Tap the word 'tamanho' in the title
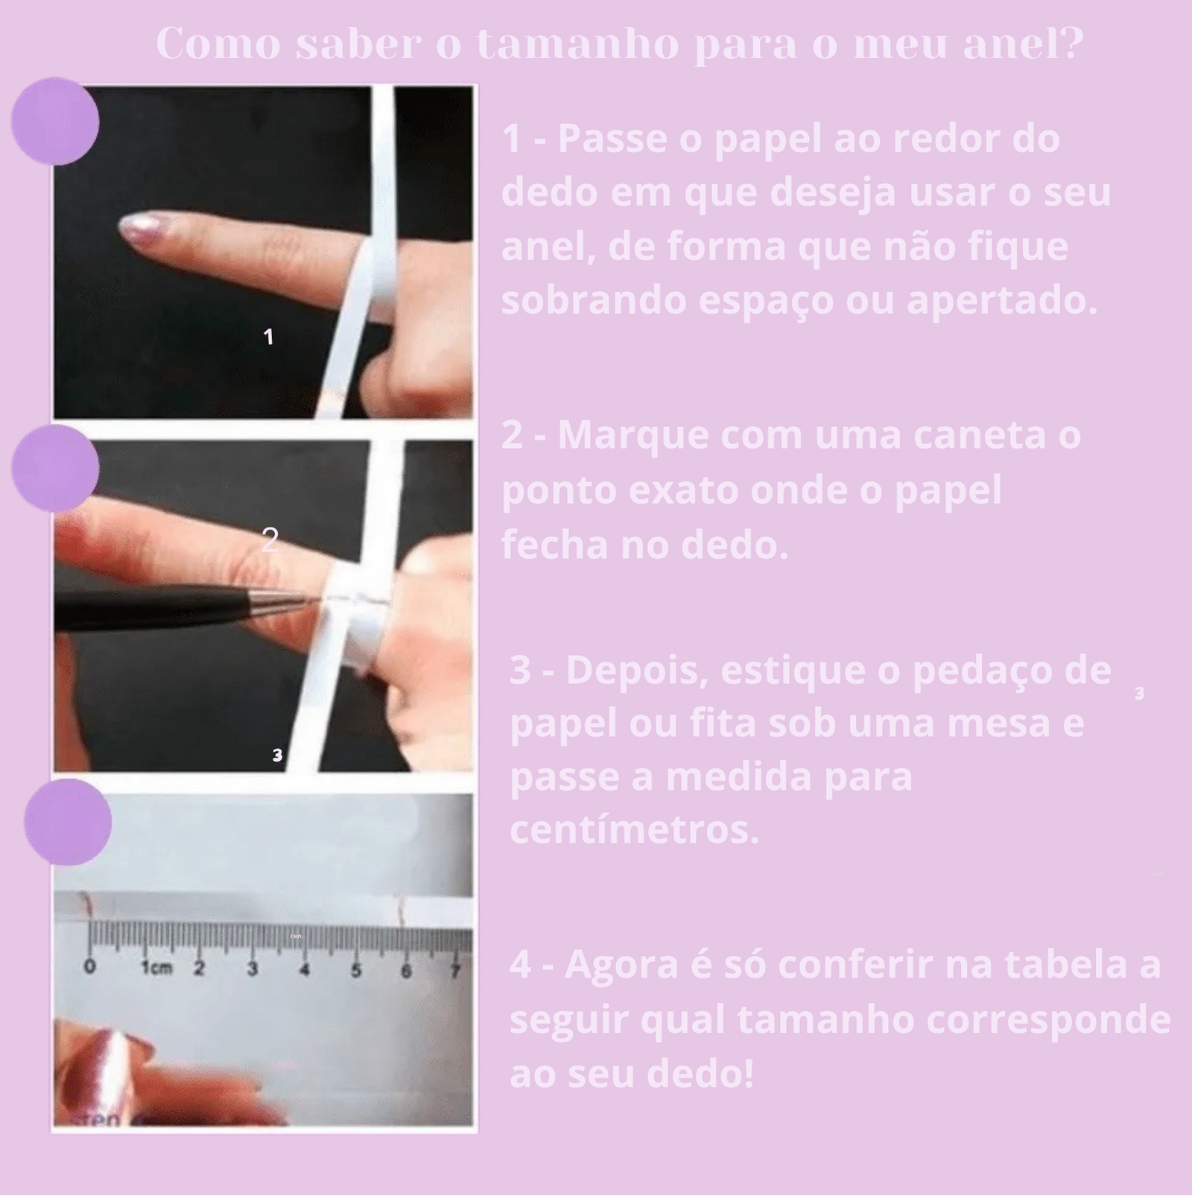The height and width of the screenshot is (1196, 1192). (578, 44)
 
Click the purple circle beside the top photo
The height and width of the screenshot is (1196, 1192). (55, 121)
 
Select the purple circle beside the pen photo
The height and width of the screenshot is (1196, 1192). (55, 468)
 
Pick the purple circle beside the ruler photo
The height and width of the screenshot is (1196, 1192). (68, 822)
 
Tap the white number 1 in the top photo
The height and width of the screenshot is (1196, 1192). (268, 337)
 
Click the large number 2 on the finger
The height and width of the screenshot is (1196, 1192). (270, 540)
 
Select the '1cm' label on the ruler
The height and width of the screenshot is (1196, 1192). (156, 969)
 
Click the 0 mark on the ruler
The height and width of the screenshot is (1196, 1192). (90, 967)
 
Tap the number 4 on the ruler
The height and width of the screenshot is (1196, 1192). (304, 970)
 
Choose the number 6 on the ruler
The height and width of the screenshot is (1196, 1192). (406, 971)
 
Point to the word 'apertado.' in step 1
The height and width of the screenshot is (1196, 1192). (1003, 302)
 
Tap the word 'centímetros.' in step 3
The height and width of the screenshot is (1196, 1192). (635, 830)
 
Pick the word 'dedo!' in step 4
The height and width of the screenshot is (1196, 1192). (700, 1073)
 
